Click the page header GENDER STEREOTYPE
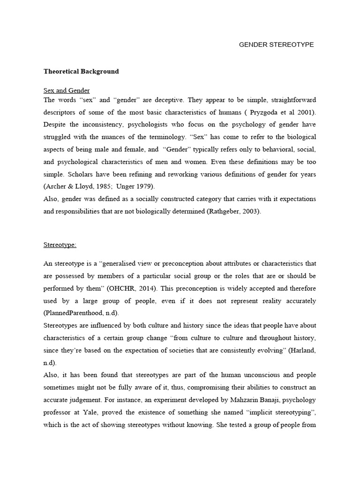[x=276, y=45]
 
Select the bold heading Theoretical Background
[x=81, y=72]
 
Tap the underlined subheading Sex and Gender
[x=67, y=90]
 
